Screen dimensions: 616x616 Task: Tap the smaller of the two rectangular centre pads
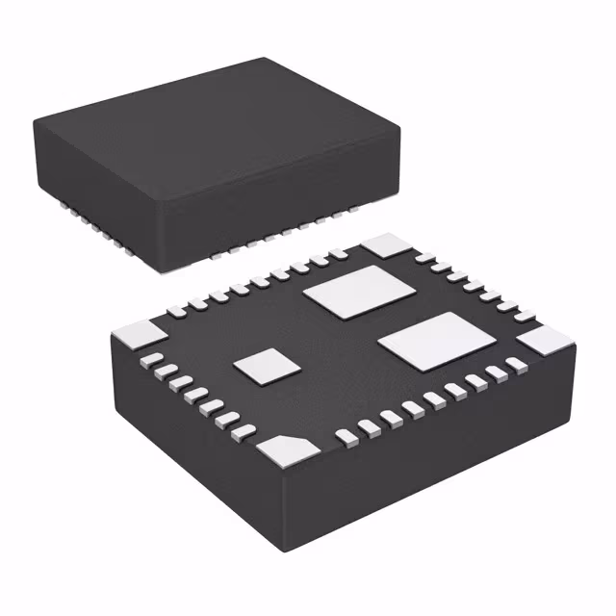[x=355, y=292]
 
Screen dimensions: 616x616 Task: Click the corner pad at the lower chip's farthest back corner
[x=389, y=244]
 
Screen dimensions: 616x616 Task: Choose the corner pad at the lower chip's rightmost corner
[x=545, y=341]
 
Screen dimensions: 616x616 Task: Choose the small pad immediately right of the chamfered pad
[x=343, y=437]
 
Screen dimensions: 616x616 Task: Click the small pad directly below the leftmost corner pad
[x=152, y=361]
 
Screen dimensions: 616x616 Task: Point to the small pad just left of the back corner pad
[x=339, y=256]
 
